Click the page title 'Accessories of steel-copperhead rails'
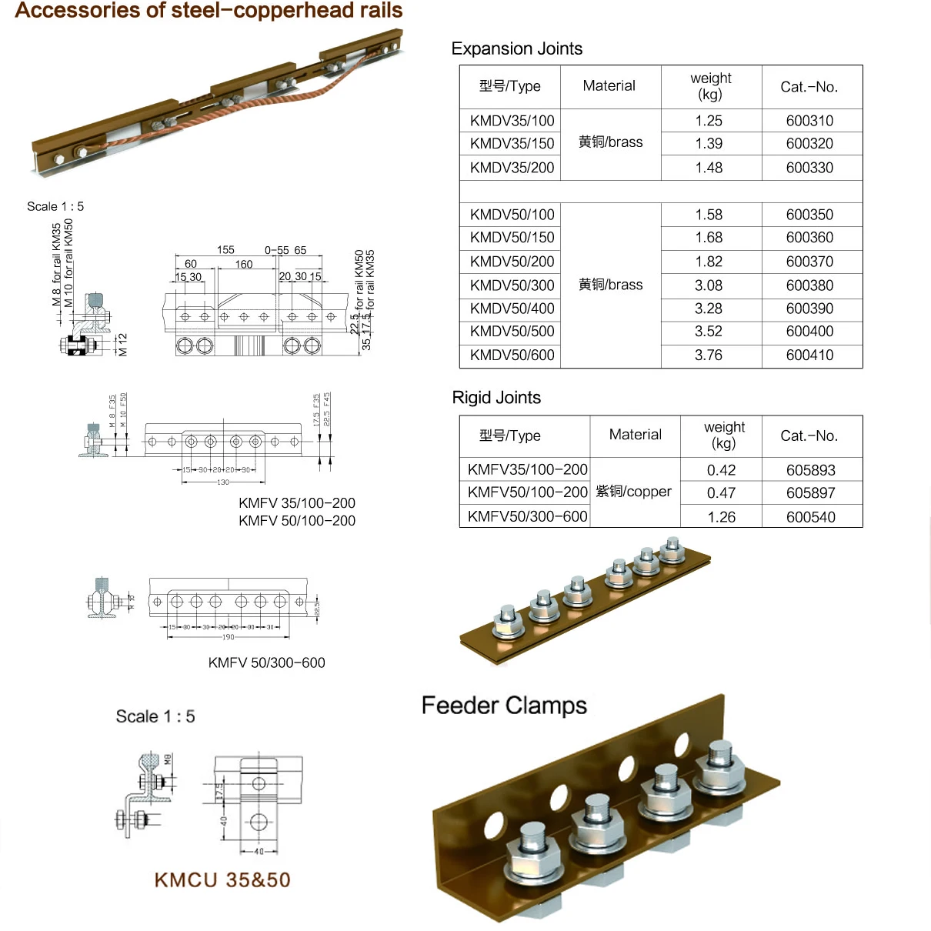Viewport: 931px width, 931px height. (209, 11)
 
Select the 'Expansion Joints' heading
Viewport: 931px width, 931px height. (516, 48)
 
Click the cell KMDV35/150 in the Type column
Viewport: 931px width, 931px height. (512, 144)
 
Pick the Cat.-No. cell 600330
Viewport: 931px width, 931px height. (809, 168)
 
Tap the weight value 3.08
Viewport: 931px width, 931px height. (709, 285)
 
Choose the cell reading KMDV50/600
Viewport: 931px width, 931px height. (512, 355)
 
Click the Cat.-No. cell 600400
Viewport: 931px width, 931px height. (809, 332)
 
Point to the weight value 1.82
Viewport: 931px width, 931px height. (709, 262)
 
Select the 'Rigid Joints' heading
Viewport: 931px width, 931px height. (496, 398)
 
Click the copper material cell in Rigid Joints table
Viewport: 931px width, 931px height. (634, 492)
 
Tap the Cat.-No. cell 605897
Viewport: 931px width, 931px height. (811, 493)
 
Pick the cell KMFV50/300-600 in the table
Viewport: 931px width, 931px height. (527, 516)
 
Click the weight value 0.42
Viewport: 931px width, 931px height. (721, 470)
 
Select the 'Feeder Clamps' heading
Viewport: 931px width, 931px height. (504, 706)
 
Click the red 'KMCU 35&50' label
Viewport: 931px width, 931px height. (222, 880)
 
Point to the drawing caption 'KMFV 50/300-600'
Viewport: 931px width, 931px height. (266, 662)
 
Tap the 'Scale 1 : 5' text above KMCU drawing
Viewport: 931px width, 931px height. (155, 716)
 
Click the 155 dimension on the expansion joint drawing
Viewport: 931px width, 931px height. (225, 250)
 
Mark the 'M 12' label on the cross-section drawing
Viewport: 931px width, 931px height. (122, 344)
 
